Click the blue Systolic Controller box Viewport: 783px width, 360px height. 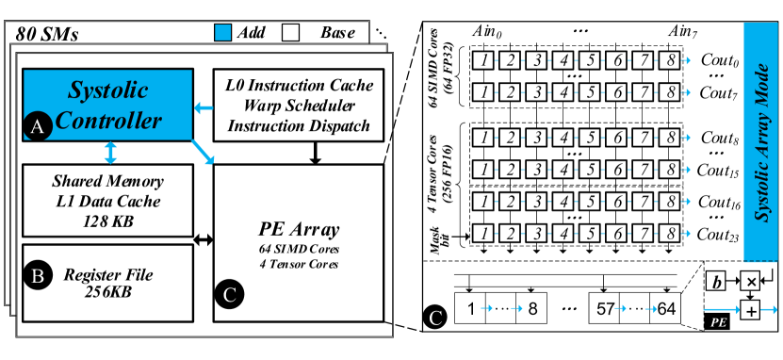(107, 105)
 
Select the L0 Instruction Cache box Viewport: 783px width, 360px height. (300, 105)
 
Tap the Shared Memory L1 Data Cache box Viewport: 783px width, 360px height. (107, 200)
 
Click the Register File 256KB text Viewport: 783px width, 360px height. (107, 283)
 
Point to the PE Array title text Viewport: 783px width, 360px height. (299, 231)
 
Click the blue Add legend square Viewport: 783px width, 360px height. (222, 32)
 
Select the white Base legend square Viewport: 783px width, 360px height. (290, 32)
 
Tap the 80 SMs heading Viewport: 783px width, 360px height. (46, 35)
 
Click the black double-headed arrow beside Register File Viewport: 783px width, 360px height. (204, 240)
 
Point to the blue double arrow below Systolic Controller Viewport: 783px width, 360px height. (111, 153)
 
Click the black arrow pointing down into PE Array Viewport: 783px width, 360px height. (314, 153)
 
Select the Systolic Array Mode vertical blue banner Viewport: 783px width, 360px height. (761, 141)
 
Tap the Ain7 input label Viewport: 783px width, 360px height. (684, 34)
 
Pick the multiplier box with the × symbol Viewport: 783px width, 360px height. (749, 282)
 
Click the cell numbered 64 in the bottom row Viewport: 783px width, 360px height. (664, 308)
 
